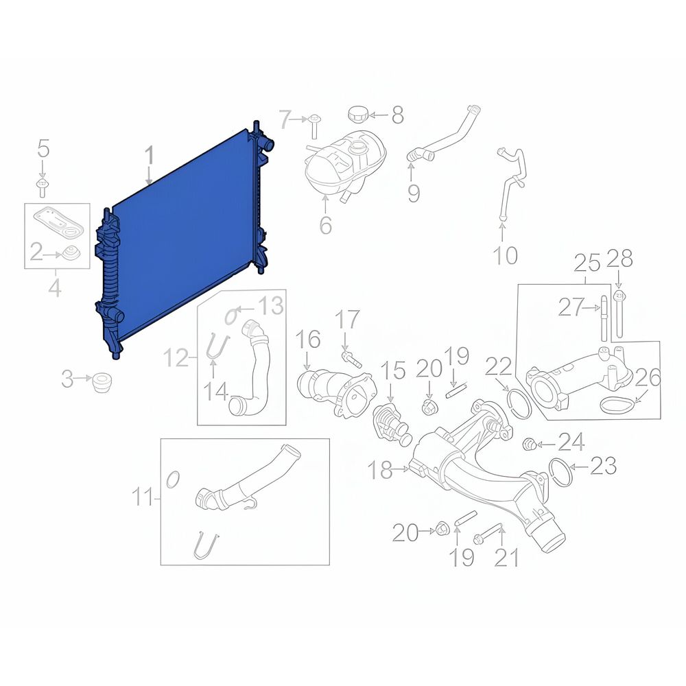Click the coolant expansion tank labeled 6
tap(346, 166)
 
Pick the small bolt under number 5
tap(42, 187)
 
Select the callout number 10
tap(506, 255)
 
